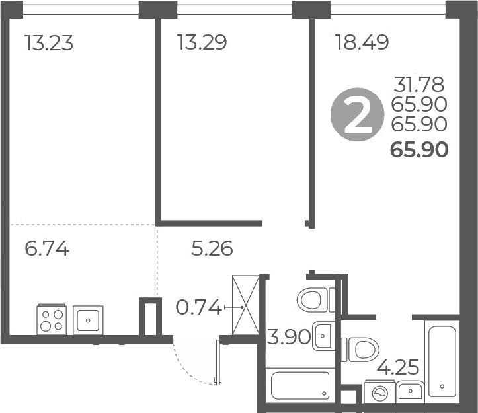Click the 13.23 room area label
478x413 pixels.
[48, 44]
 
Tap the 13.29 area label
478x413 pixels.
[202, 44]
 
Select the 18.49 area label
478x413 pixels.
[362, 44]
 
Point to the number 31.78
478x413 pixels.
[419, 85]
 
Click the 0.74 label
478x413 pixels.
[198, 307]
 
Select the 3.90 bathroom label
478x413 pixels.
[288, 337]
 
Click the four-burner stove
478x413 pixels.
[52, 319]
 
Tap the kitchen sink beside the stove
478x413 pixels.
[88, 320]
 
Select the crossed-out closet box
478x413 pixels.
[245, 305]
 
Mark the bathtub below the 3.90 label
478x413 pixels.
[301, 385]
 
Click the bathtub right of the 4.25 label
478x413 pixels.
[442, 359]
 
